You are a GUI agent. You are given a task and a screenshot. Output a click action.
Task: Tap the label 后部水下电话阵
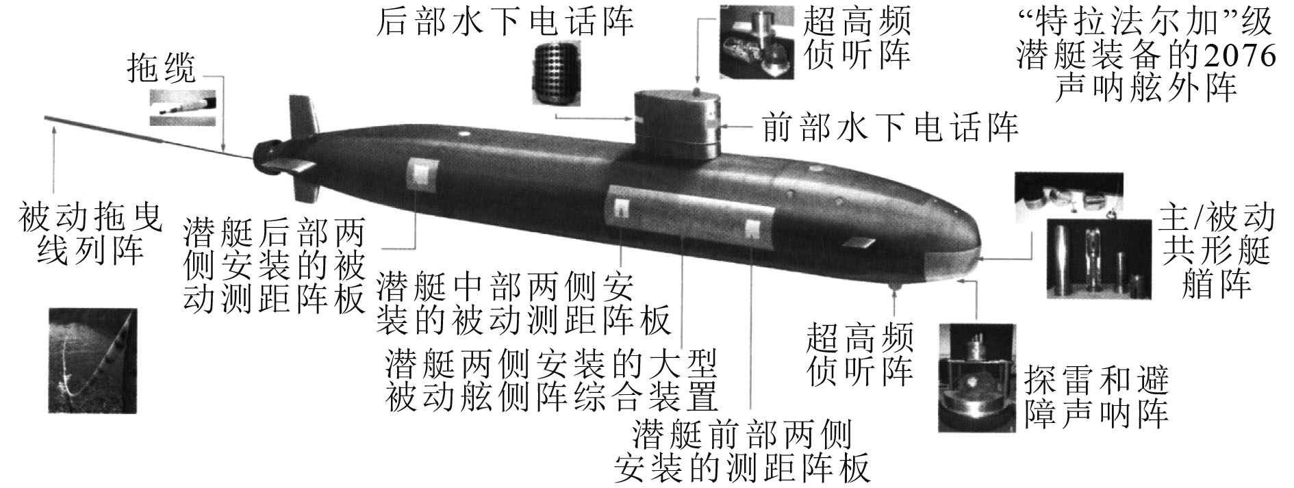505,21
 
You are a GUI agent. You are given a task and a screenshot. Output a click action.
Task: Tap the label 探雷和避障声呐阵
1096,397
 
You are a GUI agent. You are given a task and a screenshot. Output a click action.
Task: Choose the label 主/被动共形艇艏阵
1216,251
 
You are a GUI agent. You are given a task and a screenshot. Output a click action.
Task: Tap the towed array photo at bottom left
92,361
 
